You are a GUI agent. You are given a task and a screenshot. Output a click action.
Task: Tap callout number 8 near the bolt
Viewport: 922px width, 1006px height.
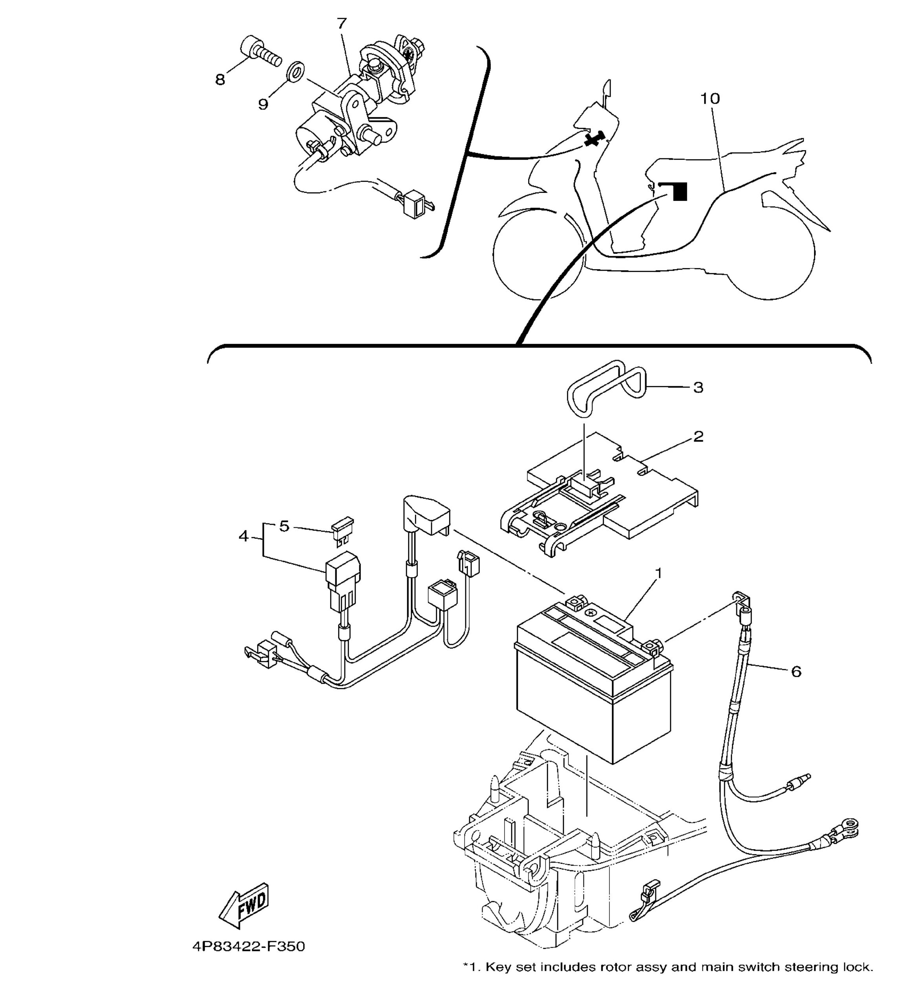220,79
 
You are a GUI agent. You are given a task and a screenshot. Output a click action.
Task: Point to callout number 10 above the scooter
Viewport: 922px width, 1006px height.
710,99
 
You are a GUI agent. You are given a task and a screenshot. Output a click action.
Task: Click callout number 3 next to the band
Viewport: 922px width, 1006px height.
699,387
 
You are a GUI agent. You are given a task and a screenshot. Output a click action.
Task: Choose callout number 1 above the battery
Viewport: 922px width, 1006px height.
659,574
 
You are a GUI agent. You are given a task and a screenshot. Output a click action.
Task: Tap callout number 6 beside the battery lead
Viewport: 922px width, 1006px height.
796,672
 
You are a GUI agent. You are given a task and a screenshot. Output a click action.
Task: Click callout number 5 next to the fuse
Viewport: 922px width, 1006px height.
284,526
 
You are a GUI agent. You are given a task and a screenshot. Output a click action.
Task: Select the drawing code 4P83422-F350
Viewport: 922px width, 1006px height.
249,947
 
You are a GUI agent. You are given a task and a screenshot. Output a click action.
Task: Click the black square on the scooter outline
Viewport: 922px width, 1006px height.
680,192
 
